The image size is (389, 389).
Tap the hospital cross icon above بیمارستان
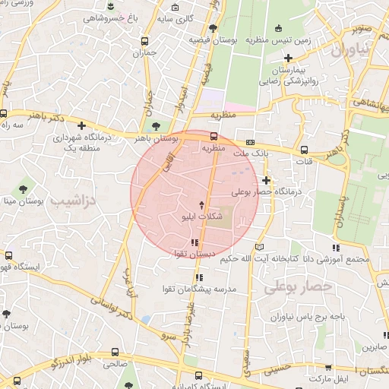[288, 58]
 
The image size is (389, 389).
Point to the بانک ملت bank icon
[250, 142]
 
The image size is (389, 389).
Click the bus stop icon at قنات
[305, 150]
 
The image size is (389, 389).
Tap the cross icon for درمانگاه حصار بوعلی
[266, 180]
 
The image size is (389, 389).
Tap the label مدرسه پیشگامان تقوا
[200, 289]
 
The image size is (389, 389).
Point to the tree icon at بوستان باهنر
[156, 126]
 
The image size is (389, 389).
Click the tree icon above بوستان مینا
[23, 185]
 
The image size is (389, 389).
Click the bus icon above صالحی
[114, 353]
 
